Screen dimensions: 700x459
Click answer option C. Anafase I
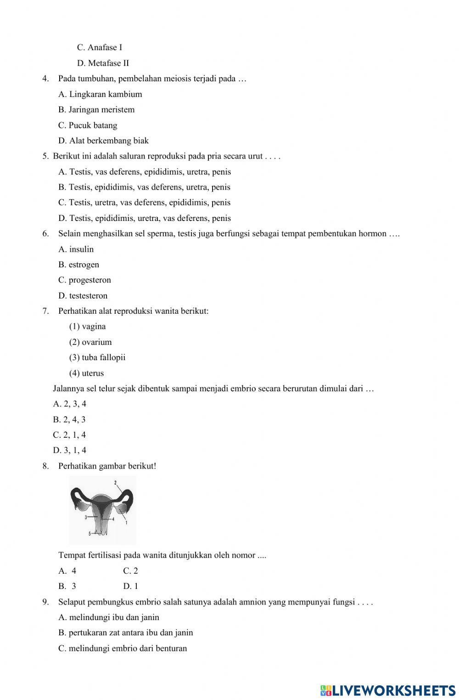(99, 47)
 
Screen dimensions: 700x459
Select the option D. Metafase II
(103, 63)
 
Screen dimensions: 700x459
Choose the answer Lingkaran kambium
(100, 94)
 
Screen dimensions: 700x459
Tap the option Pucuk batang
(88, 125)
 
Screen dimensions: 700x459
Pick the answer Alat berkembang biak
(103, 141)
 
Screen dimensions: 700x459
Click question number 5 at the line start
(45, 156)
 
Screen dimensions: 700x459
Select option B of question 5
(144, 187)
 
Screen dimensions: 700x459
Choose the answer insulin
(76, 249)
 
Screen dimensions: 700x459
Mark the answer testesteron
(83, 296)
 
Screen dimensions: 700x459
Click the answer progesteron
(84, 280)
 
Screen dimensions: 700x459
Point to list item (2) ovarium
(90, 342)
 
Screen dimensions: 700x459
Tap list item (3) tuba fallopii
(97, 357)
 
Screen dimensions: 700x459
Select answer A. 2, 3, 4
(70, 404)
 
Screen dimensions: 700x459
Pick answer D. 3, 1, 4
(70, 450)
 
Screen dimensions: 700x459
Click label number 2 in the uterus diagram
(115, 482)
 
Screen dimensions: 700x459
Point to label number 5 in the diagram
(90, 534)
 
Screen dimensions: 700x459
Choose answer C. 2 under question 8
(130, 571)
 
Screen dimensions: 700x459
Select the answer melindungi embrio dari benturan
(123, 649)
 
